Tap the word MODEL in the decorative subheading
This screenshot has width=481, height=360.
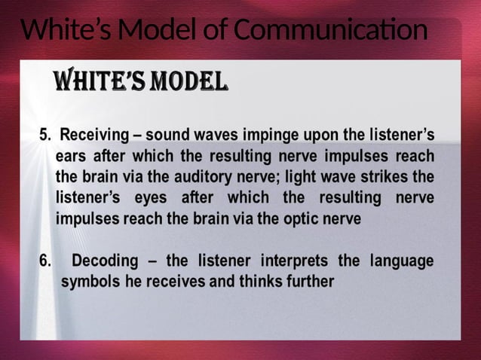tap(188, 81)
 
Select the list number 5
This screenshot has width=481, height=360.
tap(44, 136)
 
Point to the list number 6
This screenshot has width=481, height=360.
tap(44, 261)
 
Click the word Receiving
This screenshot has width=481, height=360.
tap(93, 136)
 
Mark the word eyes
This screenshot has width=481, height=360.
tap(152, 199)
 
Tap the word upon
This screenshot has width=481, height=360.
tap(324, 136)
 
